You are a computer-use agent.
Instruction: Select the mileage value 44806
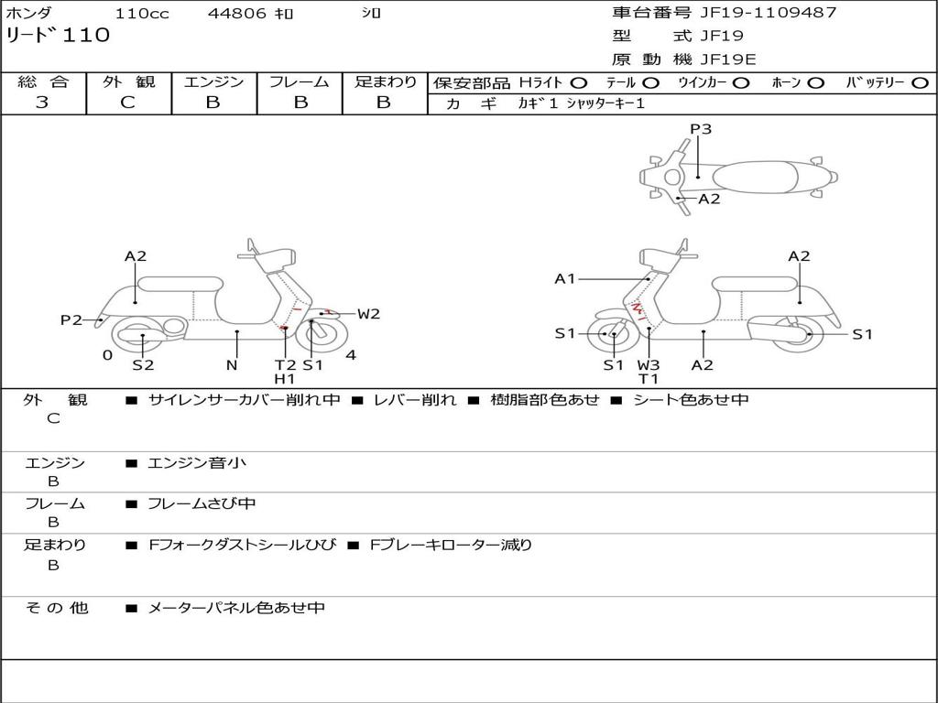click(x=237, y=14)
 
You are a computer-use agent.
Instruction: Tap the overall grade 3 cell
click(x=42, y=103)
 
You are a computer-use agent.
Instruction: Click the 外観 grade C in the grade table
click(x=127, y=103)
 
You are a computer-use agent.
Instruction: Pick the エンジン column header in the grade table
click(x=213, y=81)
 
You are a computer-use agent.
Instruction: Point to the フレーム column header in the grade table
click(x=299, y=81)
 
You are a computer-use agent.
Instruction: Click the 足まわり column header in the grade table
click(x=385, y=81)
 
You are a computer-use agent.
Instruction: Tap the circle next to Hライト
click(x=579, y=83)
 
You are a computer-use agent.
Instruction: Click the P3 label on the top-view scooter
click(x=701, y=129)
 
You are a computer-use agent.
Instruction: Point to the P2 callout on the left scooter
click(x=71, y=319)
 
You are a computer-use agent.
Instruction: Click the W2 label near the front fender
click(x=368, y=314)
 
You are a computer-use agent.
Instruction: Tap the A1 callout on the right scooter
click(x=565, y=278)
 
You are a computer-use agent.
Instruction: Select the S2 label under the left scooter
click(x=143, y=365)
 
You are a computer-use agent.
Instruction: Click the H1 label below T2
click(x=285, y=379)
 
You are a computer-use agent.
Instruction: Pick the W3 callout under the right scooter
click(x=649, y=365)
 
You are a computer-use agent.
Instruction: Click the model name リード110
click(x=58, y=36)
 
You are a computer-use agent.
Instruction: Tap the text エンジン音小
click(x=197, y=463)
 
